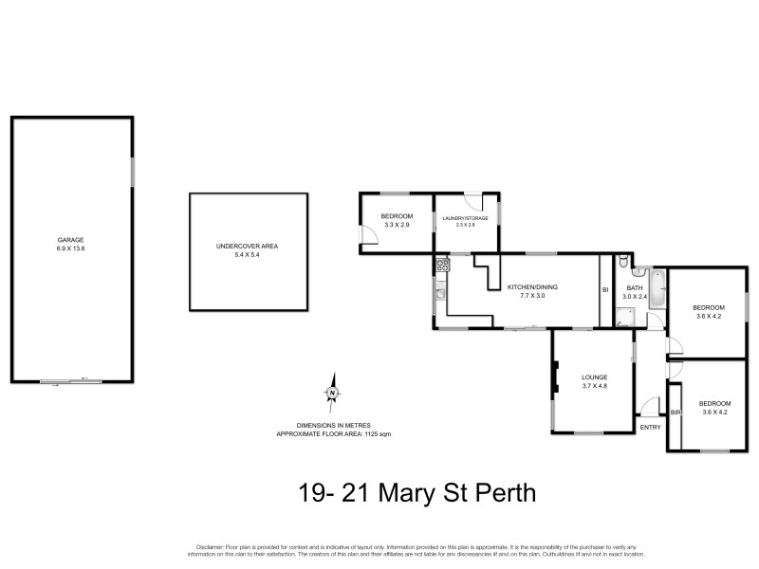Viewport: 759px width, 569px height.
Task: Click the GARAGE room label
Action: tap(71, 240)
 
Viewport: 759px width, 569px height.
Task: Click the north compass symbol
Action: tap(332, 392)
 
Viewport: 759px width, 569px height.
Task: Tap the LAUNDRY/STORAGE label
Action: tap(465, 218)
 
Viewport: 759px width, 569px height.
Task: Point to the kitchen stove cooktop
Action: tap(441, 266)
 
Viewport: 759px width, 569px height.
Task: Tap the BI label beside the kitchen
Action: tap(604, 290)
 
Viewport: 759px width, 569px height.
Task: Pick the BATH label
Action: tap(635, 288)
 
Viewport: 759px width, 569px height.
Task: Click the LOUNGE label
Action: tap(594, 377)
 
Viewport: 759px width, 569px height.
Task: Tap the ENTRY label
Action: tap(650, 427)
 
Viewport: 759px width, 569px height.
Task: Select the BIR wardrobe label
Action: tap(675, 413)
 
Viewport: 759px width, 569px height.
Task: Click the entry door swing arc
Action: tap(651, 407)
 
